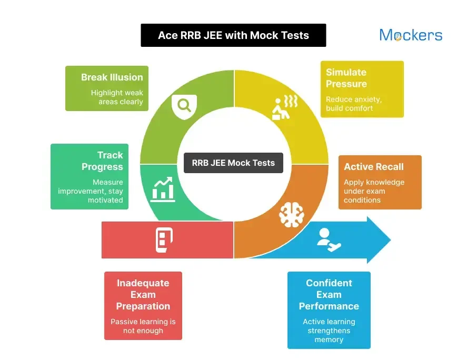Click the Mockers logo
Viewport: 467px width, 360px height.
click(x=411, y=35)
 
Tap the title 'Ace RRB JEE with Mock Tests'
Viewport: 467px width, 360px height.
click(x=233, y=36)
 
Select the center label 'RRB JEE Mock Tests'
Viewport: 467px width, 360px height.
click(x=233, y=163)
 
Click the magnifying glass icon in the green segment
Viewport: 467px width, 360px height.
click(x=184, y=105)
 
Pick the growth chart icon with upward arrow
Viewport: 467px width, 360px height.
click(x=163, y=189)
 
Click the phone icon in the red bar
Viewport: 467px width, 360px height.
click(x=164, y=240)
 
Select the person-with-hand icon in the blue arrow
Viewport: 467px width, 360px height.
click(x=329, y=239)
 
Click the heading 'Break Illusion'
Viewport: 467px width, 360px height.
click(x=112, y=77)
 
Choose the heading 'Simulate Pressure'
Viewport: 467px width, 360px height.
click(x=346, y=78)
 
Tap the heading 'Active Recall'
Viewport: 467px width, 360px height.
click(x=374, y=167)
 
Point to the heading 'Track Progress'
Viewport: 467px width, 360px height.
click(x=103, y=161)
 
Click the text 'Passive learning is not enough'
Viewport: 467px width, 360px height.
click(x=143, y=326)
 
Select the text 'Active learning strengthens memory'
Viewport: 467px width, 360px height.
click(x=329, y=331)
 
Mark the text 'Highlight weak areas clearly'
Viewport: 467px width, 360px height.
click(x=116, y=97)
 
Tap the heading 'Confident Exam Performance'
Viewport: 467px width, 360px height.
click(x=329, y=294)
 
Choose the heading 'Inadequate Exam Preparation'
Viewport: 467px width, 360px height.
click(x=143, y=294)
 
